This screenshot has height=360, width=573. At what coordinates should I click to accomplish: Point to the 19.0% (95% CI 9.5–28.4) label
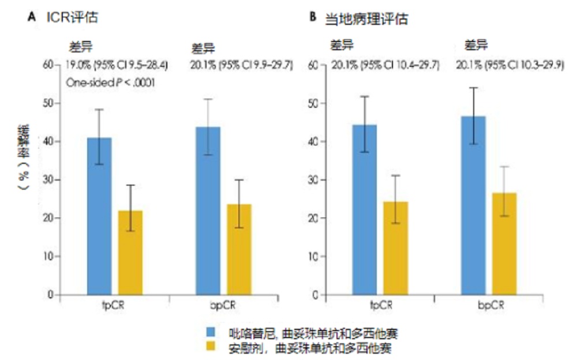(x=116, y=65)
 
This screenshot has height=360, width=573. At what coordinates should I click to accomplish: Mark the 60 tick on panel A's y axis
(x=49, y=65)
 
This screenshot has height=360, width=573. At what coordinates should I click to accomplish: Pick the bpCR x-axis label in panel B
(x=490, y=304)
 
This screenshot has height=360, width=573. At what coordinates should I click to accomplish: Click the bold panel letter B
(x=313, y=18)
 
